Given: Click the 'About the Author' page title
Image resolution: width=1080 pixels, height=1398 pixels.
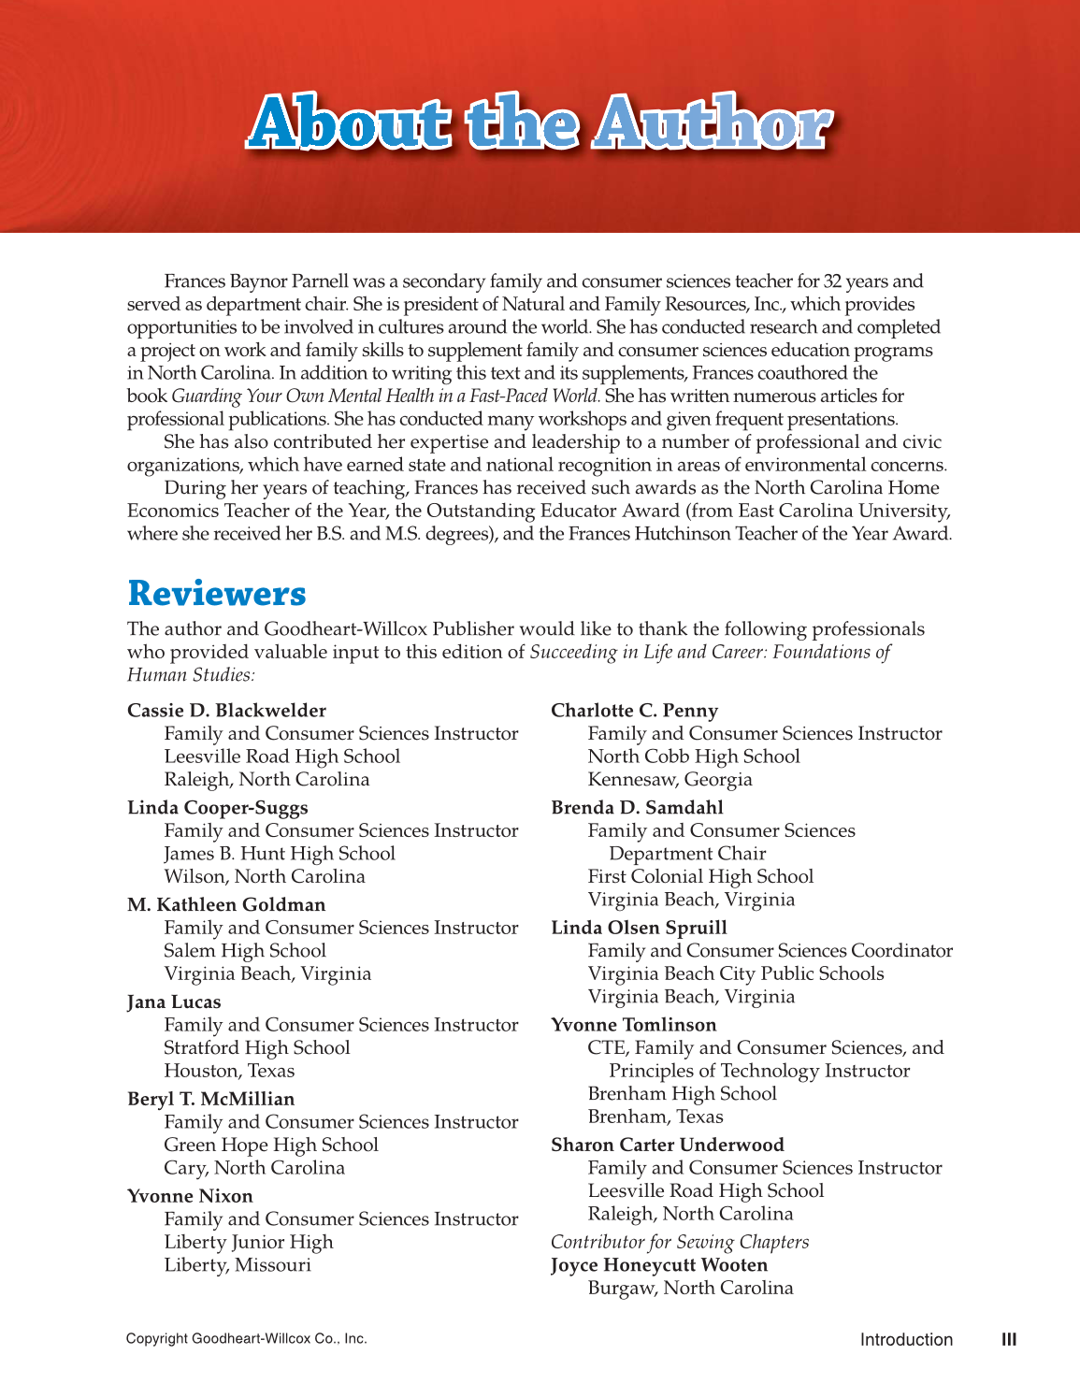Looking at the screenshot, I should [x=540, y=123].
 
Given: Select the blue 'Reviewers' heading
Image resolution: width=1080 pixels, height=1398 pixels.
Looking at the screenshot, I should [x=217, y=594].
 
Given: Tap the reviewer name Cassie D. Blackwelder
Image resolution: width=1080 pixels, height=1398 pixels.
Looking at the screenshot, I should [x=226, y=711].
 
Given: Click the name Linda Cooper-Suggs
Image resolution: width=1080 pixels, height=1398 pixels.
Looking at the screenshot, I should [x=218, y=808].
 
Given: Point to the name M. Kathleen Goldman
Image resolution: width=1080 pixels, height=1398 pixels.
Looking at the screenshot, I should [x=226, y=905].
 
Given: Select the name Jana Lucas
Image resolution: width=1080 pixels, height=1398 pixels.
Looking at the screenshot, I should [x=174, y=1002].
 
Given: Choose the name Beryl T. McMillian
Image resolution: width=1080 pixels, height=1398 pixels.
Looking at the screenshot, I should [x=210, y=1100].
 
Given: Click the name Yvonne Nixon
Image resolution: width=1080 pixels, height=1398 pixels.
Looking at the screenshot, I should [x=190, y=1197].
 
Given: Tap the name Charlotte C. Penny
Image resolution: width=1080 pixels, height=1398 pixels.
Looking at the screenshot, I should [x=634, y=711].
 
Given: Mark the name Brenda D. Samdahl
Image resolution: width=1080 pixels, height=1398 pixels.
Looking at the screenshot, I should [x=637, y=808].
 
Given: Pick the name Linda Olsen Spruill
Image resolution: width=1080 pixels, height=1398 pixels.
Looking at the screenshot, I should [x=639, y=928].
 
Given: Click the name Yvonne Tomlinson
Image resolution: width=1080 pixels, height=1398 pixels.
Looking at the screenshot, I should [x=633, y=1025].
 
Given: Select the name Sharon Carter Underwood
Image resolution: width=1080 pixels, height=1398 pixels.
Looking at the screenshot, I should [x=667, y=1146].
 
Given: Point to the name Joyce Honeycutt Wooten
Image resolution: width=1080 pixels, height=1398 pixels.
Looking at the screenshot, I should [x=658, y=1265].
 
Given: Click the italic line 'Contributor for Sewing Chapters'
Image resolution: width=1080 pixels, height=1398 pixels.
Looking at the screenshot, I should [x=679, y=1242].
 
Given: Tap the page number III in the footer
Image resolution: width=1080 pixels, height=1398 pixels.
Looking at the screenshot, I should [x=1008, y=1339].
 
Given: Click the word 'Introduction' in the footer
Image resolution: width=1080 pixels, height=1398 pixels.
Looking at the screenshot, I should [x=905, y=1339].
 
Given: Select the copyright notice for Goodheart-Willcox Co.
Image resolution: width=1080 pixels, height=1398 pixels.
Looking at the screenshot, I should [x=246, y=1339].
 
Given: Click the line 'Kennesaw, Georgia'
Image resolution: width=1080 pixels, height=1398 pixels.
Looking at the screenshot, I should [x=670, y=780].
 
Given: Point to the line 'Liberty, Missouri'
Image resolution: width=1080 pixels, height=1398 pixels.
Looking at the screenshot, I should [x=237, y=1265].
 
